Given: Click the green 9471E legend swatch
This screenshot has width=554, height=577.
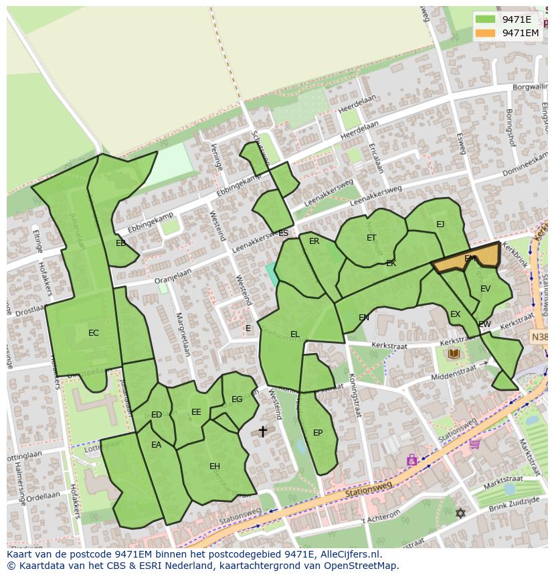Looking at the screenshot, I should [486, 19].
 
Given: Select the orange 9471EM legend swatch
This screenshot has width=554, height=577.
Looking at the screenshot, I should [486, 33].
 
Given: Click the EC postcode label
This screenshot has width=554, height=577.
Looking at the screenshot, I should [94, 333].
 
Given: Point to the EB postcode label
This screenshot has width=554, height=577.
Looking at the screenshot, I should [120, 243].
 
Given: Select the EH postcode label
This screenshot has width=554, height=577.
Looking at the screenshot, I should [214, 466].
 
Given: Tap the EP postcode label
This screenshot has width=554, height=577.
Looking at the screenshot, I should [318, 433].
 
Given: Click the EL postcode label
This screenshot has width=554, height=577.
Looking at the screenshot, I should [295, 334].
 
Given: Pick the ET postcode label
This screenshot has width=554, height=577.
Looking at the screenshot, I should [371, 238].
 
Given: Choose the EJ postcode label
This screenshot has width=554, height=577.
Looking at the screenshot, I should [440, 225].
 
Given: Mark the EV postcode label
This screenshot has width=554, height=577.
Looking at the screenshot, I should [485, 289].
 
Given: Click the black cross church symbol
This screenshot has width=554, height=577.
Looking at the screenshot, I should [263, 432].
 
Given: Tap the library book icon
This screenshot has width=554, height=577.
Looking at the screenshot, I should [454, 353].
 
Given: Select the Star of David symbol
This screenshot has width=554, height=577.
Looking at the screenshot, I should [460, 513].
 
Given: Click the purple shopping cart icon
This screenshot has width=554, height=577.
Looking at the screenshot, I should [474, 443].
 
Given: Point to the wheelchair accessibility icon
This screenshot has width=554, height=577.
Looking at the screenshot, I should [411, 460].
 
